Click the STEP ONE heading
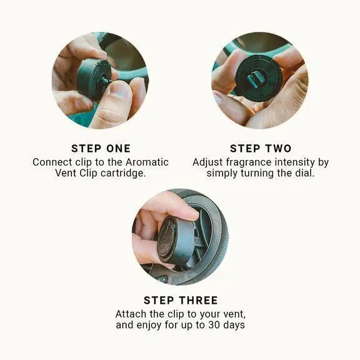click(101, 148)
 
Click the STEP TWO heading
click(260, 148)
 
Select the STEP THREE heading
click(181, 301)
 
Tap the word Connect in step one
click(52, 162)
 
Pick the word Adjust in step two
click(207, 162)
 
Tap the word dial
click(303, 173)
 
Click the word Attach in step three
click(131, 314)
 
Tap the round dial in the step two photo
click(258, 77)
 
